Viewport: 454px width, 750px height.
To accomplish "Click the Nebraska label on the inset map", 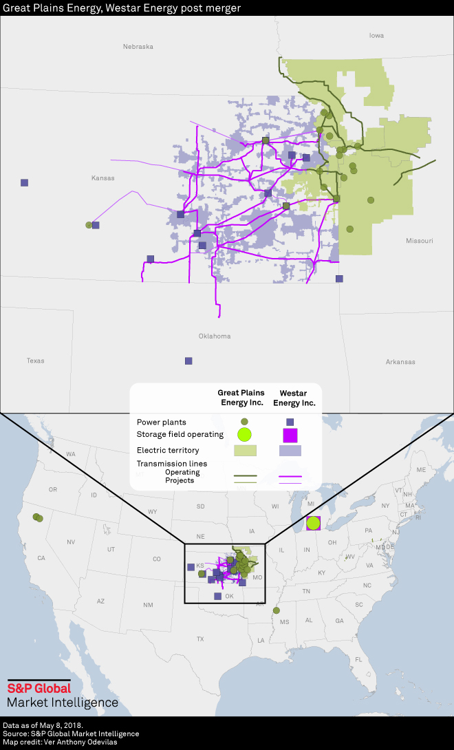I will (138, 47).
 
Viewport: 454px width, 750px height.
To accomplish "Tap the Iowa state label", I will (376, 35).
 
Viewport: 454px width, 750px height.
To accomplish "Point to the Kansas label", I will (102, 178).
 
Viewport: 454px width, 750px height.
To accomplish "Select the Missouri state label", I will (419, 241).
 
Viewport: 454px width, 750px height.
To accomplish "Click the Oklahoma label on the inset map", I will (215, 336).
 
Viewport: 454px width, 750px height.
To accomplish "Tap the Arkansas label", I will (400, 362).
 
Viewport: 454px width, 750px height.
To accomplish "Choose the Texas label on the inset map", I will (35, 361).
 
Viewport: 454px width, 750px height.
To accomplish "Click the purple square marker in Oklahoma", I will (188, 361).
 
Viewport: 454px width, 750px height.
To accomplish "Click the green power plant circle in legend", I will (244, 421).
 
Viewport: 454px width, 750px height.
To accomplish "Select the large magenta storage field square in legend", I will (290, 435).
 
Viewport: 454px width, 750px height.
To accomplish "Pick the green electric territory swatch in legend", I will (245, 451).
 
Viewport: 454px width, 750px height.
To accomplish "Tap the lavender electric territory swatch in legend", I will (290, 451).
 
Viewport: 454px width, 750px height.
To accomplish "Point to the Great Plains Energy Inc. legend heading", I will (241, 398).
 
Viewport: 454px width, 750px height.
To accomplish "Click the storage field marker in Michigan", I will (313, 523).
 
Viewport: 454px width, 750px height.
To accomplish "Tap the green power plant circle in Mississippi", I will (277, 610).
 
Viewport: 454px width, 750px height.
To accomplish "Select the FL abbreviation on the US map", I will (358, 659).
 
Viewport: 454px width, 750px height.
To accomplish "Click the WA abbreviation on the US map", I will (71, 454).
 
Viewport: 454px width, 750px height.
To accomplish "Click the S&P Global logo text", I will (39, 688).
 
